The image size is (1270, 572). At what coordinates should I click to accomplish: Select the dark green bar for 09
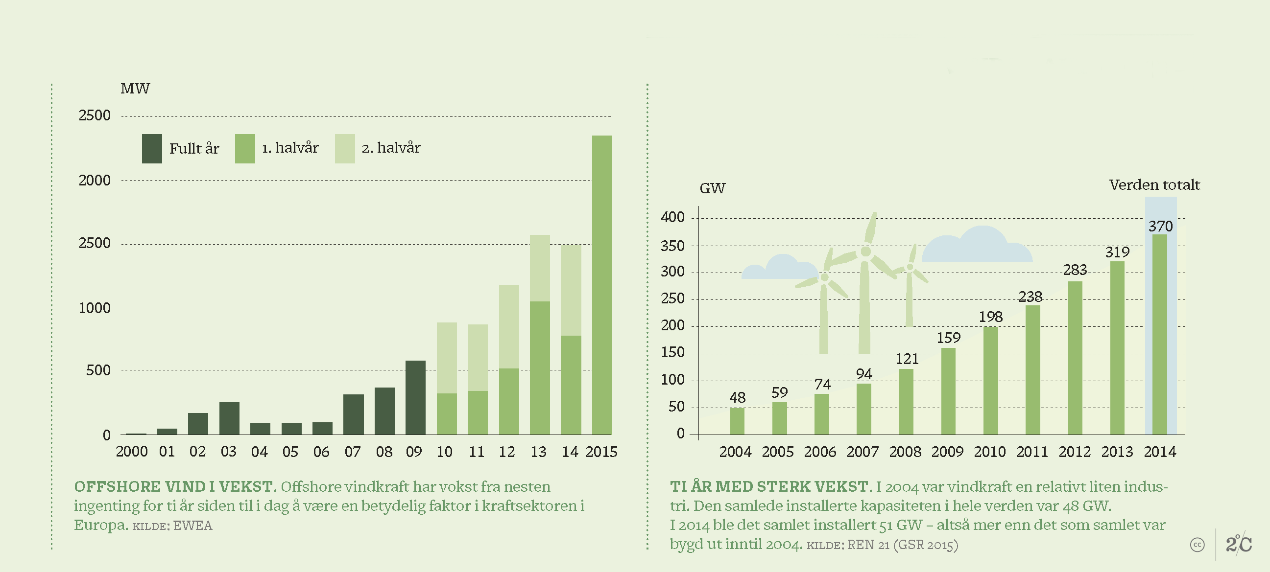click(416, 398)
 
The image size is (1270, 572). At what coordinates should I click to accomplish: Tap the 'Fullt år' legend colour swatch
click(152, 148)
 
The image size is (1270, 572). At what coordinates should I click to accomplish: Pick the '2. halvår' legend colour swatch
click(345, 148)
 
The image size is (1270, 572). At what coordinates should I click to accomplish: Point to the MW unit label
click(135, 89)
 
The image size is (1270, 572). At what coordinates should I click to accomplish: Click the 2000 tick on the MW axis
click(95, 181)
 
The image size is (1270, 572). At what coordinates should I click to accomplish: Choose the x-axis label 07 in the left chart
click(353, 452)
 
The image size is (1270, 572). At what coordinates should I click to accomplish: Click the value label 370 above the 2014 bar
click(1161, 227)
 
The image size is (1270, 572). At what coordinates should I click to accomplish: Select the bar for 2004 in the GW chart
click(737, 421)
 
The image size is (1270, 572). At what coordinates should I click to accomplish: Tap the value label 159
click(949, 338)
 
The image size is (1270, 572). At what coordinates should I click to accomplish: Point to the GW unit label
click(713, 188)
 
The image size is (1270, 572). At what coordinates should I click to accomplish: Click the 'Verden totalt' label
click(1154, 185)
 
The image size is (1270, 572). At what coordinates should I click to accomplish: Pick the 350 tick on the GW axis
click(672, 246)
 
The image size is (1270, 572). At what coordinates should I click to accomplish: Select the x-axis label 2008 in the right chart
click(905, 452)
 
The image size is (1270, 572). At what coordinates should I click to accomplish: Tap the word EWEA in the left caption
click(193, 526)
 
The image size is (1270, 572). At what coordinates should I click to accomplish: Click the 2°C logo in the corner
click(1239, 544)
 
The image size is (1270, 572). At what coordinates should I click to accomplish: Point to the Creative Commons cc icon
click(1197, 545)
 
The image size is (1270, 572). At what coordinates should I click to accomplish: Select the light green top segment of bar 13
click(540, 268)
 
